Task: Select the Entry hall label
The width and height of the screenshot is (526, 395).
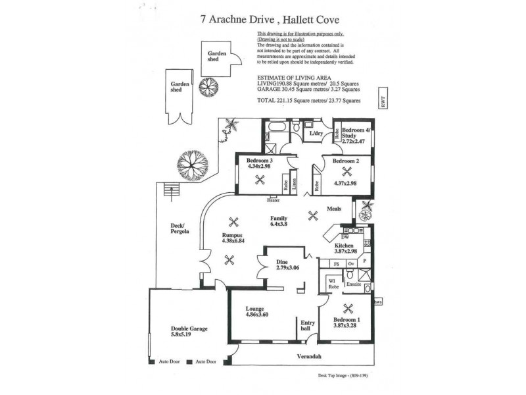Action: tap(308, 325)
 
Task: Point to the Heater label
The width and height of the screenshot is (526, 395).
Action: tap(274, 199)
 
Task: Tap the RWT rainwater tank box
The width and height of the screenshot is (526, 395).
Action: tap(383, 103)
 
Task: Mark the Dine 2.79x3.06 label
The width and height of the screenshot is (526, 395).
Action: tap(287, 265)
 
